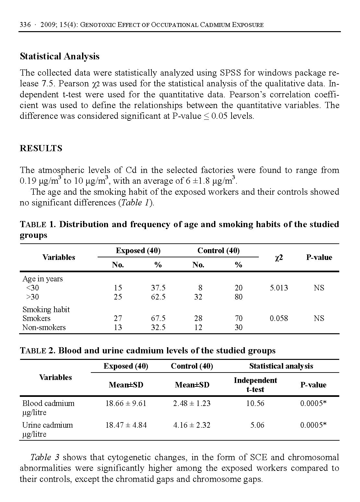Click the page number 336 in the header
pyautogui.click(x=25, y=25)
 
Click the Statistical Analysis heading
pyautogui.click(x=60, y=56)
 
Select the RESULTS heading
pyautogui.click(x=41, y=148)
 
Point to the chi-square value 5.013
pyautogui.click(x=279, y=288)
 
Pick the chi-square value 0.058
pyautogui.click(x=279, y=318)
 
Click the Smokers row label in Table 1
pyautogui.click(x=36, y=318)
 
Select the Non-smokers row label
pyautogui.click(x=44, y=327)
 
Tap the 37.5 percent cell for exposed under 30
pyautogui.click(x=158, y=288)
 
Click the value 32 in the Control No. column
pyautogui.click(x=198, y=297)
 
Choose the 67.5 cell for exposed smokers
pyautogui.click(x=158, y=318)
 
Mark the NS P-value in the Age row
pyautogui.click(x=319, y=288)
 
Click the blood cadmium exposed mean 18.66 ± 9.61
pyautogui.click(x=126, y=403)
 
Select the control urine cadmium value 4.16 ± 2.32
pyautogui.click(x=192, y=425)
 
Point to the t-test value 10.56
pyautogui.click(x=255, y=403)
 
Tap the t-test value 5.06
pyautogui.click(x=257, y=425)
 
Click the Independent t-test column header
pyautogui.click(x=255, y=385)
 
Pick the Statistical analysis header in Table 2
pyautogui.click(x=281, y=366)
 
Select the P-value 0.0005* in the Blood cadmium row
pyautogui.click(x=313, y=403)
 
